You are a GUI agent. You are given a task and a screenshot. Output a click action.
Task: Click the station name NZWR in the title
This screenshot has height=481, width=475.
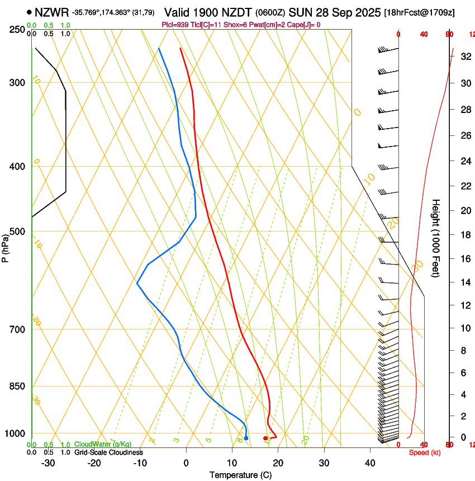[x=51, y=12]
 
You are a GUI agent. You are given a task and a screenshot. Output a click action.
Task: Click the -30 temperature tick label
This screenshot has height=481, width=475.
[x=48, y=463]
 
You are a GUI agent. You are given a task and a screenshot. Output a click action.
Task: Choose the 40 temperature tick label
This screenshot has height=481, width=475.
[x=369, y=463]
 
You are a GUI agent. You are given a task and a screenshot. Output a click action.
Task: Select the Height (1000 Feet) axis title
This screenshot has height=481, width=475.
[x=436, y=238]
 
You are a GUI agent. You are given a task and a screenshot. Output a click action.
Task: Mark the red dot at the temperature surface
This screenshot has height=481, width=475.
[x=265, y=438]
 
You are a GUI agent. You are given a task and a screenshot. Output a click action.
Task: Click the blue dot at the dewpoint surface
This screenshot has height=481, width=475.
[x=246, y=438]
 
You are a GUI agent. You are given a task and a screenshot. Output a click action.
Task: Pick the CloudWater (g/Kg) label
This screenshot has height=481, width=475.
[x=103, y=445]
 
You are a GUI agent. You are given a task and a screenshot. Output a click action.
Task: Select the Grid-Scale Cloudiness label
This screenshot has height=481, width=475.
[x=108, y=452]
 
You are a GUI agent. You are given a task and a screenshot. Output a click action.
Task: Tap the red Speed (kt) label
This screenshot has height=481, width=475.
[x=425, y=452]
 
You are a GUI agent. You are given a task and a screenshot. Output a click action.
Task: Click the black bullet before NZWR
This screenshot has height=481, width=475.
[x=29, y=12]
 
